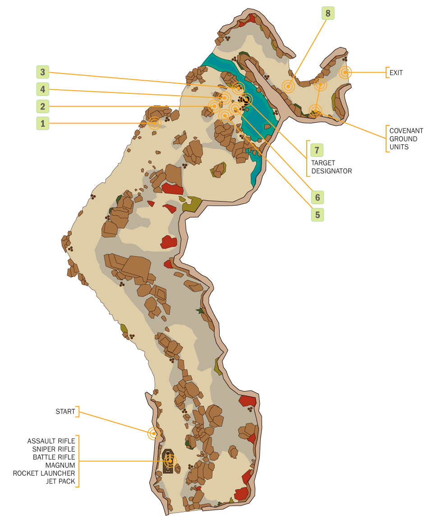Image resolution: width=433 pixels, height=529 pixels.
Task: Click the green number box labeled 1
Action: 43,123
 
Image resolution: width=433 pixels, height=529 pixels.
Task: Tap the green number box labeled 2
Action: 43,106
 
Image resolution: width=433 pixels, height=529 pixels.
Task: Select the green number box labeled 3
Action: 43,72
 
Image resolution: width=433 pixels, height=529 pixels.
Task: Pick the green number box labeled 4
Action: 43,89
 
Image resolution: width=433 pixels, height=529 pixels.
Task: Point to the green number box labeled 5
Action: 317,215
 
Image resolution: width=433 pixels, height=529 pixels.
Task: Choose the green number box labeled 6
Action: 317,197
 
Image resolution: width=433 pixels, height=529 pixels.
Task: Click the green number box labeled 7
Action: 317,149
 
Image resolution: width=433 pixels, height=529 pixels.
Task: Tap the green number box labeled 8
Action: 328,14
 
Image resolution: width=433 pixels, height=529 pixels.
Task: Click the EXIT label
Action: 396,72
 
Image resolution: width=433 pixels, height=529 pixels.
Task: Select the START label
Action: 65,411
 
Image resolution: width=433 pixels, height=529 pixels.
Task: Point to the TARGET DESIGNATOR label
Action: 331,167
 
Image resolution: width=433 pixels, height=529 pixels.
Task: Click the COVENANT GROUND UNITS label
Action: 406,139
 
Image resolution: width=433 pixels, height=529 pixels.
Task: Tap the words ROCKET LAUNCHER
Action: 44,473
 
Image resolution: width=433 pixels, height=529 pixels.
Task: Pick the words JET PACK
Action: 60,481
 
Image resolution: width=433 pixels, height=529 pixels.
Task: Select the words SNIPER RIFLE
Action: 54,449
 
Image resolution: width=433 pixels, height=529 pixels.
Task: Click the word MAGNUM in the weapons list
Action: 60,465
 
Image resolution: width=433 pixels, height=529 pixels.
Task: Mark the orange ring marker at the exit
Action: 345,72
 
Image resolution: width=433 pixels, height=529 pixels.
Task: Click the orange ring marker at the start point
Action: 154,433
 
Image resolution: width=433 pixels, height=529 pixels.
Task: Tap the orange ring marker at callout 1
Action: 155,123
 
